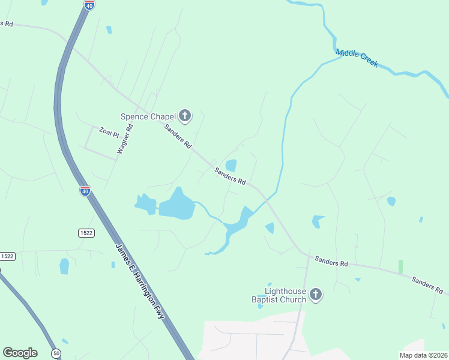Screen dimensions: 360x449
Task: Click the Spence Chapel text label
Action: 148,116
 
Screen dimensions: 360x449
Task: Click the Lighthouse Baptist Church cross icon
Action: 316,295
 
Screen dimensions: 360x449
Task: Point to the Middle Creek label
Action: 357,58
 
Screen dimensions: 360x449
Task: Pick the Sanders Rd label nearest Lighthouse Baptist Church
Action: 331,263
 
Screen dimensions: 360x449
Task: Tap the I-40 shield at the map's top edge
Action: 89,5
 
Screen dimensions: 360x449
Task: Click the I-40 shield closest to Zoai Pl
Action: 85,191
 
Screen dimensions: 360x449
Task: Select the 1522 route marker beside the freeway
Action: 86,233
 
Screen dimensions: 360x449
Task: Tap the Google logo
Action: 20,353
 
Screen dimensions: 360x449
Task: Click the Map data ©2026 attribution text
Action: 423,355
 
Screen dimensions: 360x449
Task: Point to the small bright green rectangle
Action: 400,267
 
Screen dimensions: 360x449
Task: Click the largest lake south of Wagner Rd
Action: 177,205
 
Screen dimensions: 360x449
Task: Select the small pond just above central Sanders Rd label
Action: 231,166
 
